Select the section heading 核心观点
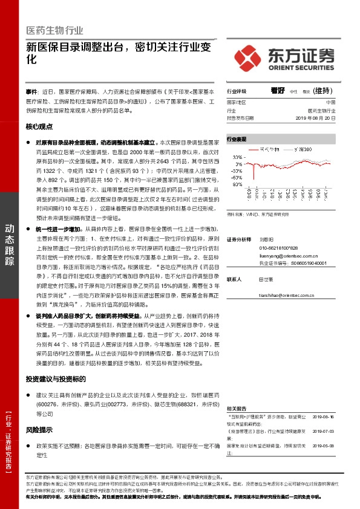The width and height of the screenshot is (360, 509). [x=39, y=127]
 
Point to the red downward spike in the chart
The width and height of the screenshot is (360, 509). [x=254, y=175]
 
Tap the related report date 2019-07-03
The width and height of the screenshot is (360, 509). [x=322, y=431]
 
